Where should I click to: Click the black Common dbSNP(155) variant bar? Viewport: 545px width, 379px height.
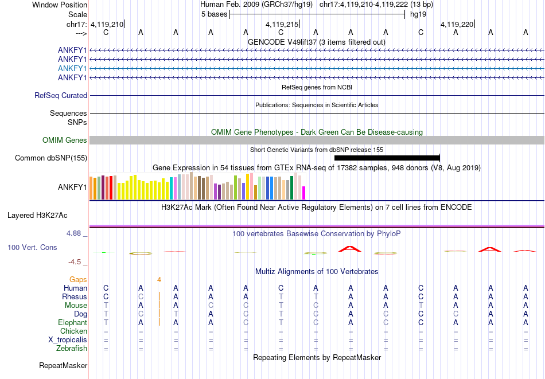click(387, 158)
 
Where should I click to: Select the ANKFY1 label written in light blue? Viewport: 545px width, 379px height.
click(72, 68)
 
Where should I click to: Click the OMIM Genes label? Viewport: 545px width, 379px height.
click(65, 140)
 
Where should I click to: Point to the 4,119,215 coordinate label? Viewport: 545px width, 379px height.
click(282, 25)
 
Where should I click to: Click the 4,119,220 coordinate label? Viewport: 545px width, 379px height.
click(457, 25)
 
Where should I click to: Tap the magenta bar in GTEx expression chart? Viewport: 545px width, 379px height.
click(304, 193)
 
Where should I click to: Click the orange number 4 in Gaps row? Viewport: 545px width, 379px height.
click(159, 280)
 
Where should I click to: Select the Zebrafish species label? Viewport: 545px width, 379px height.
click(72, 349)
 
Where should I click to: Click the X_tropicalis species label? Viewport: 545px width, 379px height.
click(68, 340)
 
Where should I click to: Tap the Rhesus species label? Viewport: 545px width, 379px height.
click(75, 297)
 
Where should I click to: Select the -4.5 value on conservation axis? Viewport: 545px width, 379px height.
click(75, 262)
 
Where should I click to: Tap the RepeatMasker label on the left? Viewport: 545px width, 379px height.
click(63, 365)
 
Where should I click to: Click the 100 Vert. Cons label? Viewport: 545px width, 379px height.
click(32, 248)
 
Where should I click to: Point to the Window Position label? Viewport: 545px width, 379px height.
click(60, 5)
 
